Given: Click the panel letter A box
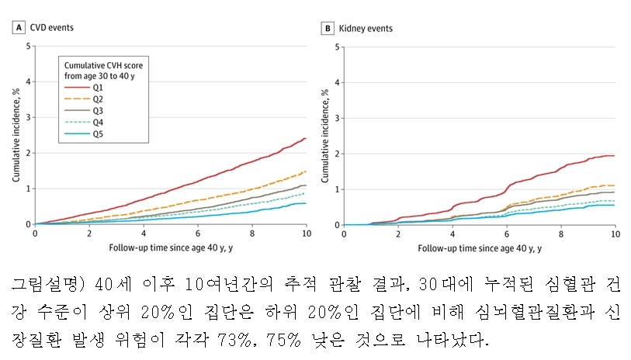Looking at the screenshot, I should (17, 28).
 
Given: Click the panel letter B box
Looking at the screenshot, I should (327, 28).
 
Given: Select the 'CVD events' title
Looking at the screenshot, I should (51, 28).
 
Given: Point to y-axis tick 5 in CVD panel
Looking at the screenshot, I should (29, 47).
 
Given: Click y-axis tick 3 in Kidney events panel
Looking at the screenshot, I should (338, 118).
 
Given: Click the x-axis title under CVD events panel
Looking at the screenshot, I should (170, 248).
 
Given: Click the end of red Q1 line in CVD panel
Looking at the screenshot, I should (305, 139).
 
